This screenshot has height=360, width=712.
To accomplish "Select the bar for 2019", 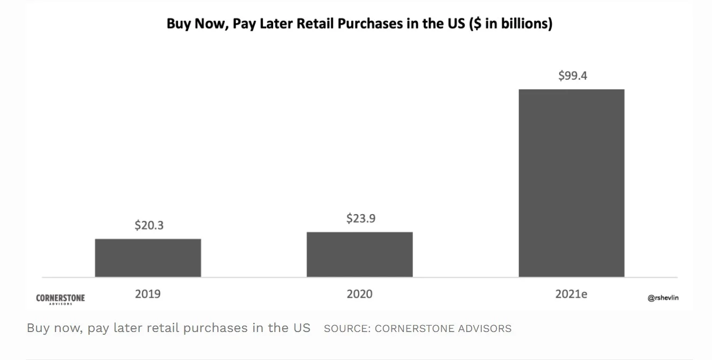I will [148, 258].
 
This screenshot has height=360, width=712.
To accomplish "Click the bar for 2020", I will [360, 255].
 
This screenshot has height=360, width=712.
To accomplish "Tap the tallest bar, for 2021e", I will [571, 183].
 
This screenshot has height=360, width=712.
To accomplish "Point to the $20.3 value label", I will [149, 225].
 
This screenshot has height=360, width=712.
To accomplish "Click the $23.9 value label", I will [361, 218].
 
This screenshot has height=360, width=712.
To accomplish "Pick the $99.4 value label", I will [573, 76].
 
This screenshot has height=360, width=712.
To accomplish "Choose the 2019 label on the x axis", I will [148, 294].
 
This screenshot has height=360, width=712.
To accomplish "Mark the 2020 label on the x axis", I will [360, 294].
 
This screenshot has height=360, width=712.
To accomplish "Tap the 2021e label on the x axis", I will [571, 294].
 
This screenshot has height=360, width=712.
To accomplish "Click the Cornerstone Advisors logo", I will [60, 299].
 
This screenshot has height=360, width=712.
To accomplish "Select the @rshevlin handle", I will [663, 298].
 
